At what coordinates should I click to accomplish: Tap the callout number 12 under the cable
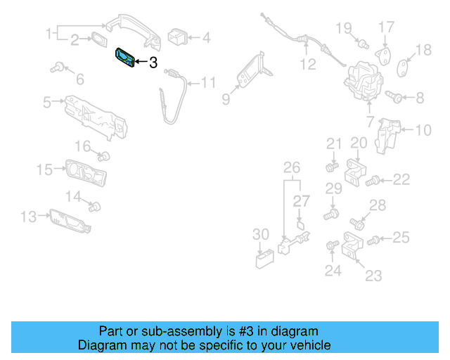tap(307, 65)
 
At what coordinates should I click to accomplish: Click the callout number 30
tap(260, 234)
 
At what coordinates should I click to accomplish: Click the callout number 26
tap(291, 167)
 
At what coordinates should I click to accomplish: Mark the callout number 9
tap(226, 99)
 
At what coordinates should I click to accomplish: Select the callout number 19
tap(343, 28)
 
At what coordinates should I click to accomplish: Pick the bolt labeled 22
tap(374, 181)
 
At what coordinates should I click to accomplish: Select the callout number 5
tap(47, 102)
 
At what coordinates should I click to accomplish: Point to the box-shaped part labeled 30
tap(264, 259)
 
